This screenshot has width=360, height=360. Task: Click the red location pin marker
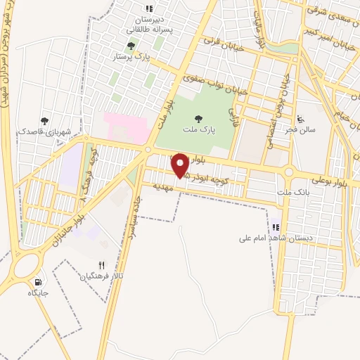(x=181, y=165)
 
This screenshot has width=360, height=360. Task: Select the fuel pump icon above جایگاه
(x=38, y=281)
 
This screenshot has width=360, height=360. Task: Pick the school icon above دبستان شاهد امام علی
(x=276, y=227)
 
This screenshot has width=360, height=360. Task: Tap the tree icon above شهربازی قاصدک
(x=45, y=121)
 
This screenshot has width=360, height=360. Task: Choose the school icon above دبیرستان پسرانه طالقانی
(x=149, y=8)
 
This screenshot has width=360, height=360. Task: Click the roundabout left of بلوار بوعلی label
(x=289, y=172)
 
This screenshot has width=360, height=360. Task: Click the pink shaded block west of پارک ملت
(x=124, y=127)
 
